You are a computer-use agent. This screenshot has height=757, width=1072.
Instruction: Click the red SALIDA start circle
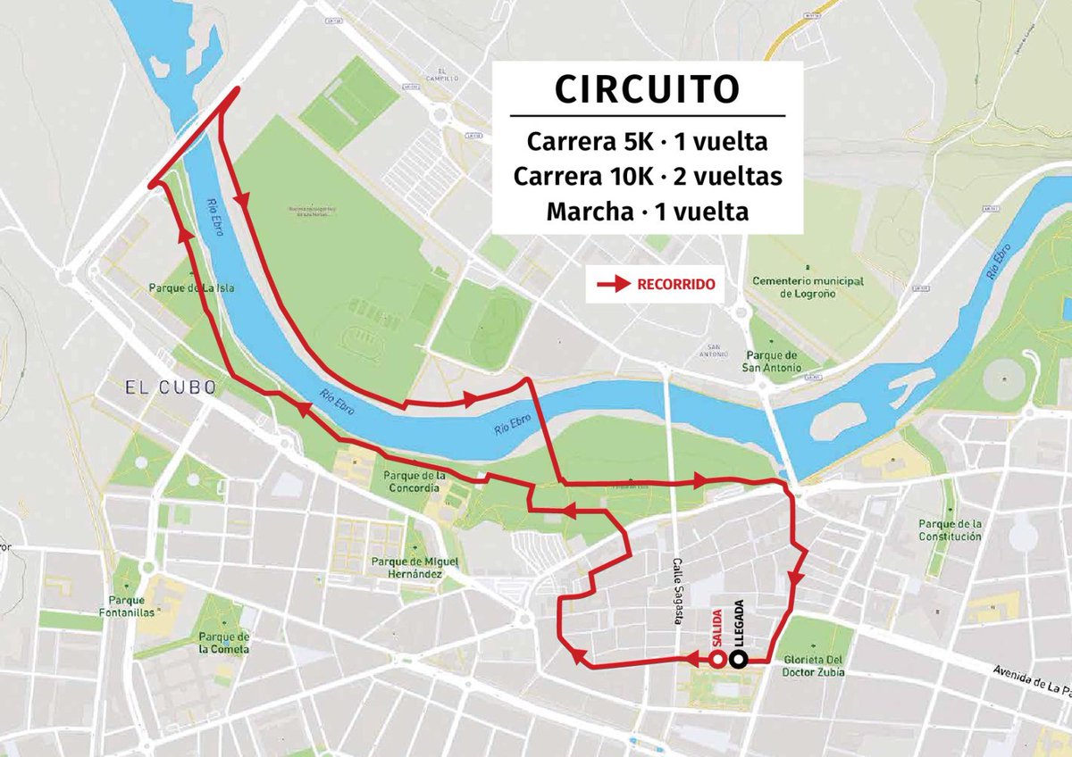[x=717, y=660]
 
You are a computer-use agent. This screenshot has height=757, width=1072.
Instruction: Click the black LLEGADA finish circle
[x=739, y=660]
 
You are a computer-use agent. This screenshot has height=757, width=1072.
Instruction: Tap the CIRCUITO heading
[x=647, y=89]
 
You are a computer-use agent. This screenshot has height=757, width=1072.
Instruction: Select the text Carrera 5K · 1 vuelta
[x=647, y=142]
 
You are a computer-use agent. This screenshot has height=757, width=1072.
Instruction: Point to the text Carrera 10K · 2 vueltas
[x=647, y=177]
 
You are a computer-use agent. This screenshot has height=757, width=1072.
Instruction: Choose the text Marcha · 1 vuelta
[x=647, y=212]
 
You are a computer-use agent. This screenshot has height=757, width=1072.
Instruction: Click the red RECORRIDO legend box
[x=655, y=285]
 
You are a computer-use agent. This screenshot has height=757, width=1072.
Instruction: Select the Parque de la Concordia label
[x=411, y=482]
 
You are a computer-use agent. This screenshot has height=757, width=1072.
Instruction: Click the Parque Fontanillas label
[x=131, y=606]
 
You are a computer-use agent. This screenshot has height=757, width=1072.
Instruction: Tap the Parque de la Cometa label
[x=225, y=643]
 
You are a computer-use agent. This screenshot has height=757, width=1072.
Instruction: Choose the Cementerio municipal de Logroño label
[x=808, y=287]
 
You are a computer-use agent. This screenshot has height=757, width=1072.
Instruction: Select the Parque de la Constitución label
[x=951, y=529]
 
